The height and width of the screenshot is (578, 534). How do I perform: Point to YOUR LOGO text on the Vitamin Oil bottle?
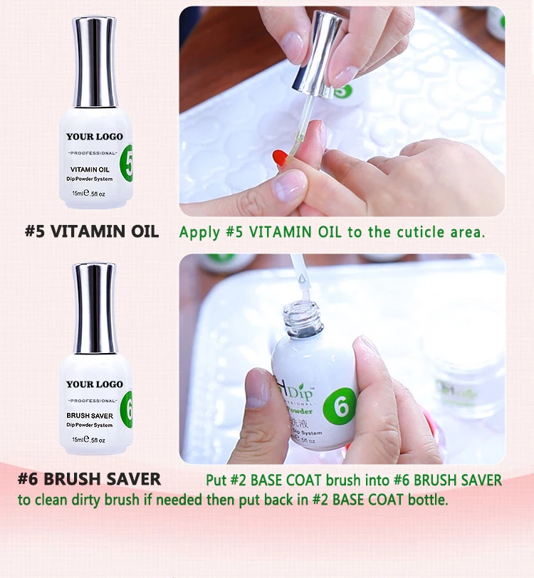[94, 136]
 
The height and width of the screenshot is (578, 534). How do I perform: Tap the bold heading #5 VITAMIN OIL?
[92, 231]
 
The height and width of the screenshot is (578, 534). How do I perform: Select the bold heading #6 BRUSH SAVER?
[89, 479]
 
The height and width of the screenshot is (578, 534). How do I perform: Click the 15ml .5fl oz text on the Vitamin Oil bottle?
[93, 192]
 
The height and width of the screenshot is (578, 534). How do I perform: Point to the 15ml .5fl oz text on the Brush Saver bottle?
[93, 439]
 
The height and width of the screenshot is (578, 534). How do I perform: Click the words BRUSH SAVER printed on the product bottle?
[90, 415]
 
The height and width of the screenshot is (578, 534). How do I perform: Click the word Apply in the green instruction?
[199, 232]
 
